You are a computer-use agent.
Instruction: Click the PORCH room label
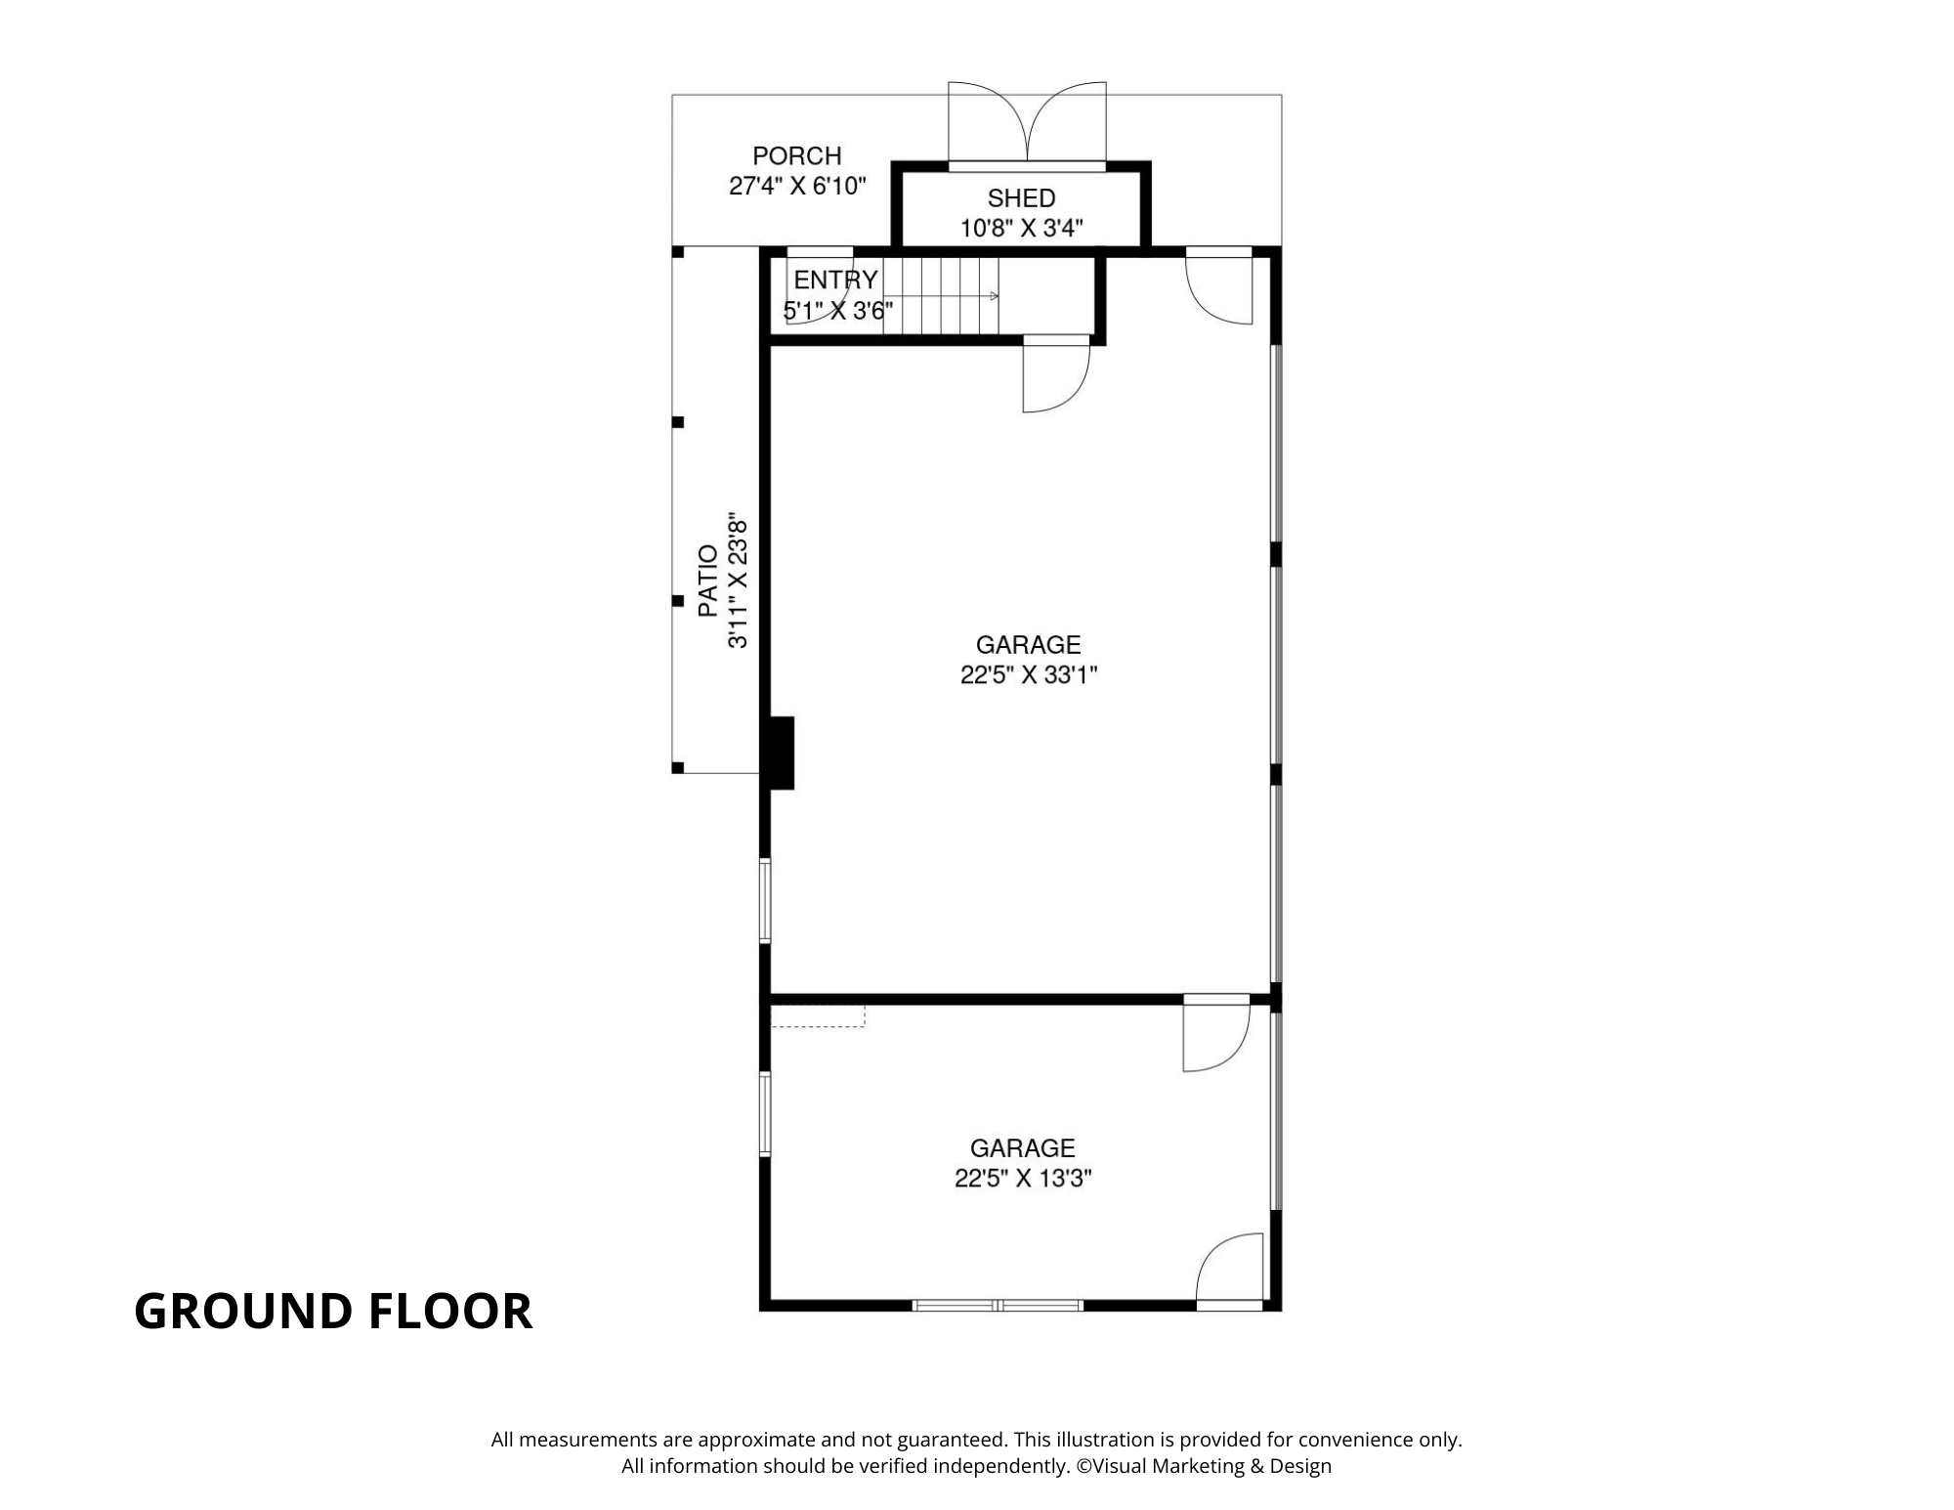pyautogui.click(x=796, y=155)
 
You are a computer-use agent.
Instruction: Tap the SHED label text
pyautogui.click(x=1021, y=198)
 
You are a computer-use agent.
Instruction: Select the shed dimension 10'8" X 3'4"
pyautogui.click(x=1021, y=229)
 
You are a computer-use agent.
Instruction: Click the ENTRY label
pyautogui.click(x=835, y=280)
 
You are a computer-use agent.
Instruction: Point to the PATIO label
pyautogui.click(x=707, y=581)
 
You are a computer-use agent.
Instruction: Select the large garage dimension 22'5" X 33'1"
pyautogui.click(x=1029, y=675)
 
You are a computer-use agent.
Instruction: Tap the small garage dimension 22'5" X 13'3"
pyautogui.click(x=1023, y=1179)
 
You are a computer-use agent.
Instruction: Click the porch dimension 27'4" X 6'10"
pyautogui.click(x=797, y=186)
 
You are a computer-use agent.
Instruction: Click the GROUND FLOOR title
pyautogui.click(x=333, y=1311)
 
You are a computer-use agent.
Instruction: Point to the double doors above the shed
pyautogui.click(x=1027, y=122)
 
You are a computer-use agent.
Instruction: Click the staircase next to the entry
pyautogui.click(x=940, y=296)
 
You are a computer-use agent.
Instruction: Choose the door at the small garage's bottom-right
pyautogui.click(x=1230, y=1272)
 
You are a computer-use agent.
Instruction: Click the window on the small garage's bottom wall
pyautogui.click(x=998, y=1305)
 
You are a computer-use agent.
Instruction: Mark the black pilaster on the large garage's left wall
pyautogui.click(x=782, y=753)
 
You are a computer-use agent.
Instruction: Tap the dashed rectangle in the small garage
pyautogui.click(x=818, y=1016)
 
